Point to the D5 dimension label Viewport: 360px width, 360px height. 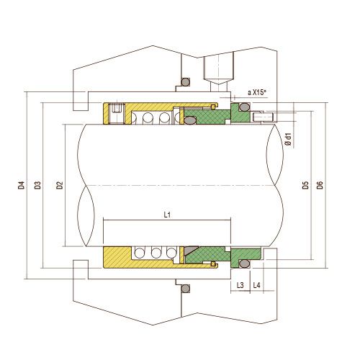tap(306, 185)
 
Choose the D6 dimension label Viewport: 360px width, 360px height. tap(320, 185)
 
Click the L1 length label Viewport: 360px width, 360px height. tap(167, 214)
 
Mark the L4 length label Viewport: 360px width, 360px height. tap(257, 286)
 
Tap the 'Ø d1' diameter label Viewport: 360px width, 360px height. tap(288, 138)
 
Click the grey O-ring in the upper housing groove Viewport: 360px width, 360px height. tap(184, 81)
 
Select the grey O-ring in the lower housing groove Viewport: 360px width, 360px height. tap(184, 289)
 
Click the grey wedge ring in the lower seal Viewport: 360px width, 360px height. tap(190, 253)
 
